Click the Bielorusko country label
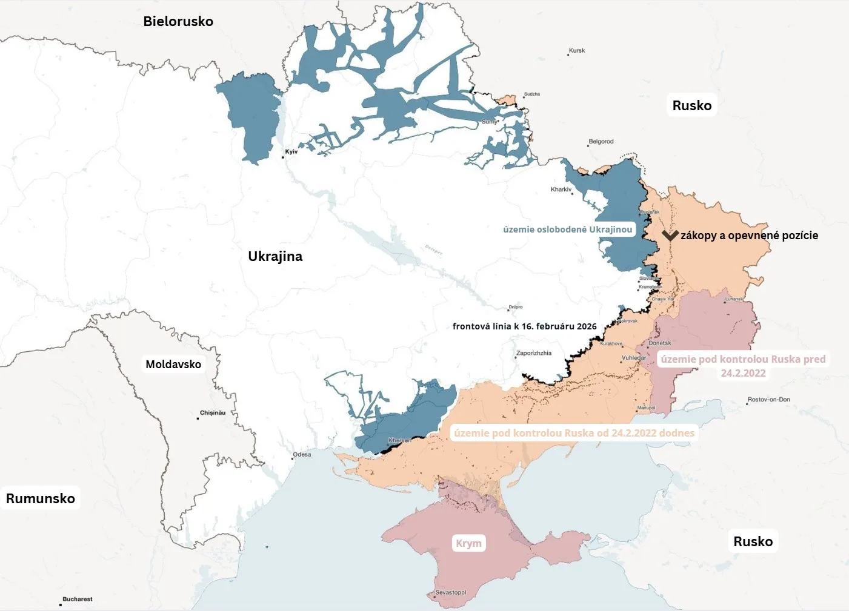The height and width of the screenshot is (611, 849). click(x=178, y=21)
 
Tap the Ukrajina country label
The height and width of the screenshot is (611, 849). click(x=275, y=256)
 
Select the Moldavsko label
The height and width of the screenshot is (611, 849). click(x=173, y=364)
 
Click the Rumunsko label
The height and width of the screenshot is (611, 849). click(x=41, y=498)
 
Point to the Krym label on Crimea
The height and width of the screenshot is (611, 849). click(x=468, y=543)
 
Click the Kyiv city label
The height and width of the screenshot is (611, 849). click(x=291, y=151)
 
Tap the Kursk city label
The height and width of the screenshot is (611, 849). click(x=577, y=51)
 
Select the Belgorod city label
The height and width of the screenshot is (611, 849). click(x=601, y=142)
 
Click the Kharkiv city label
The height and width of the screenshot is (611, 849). click(x=561, y=190)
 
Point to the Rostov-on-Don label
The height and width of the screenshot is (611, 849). click(x=768, y=400)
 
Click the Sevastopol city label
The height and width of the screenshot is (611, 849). click(x=451, y=592)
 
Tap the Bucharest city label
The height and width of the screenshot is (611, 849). click(x=78, y=599)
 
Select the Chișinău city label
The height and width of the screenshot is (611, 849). click(x=213, y=413)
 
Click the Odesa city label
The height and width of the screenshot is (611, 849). click(x=302, y=454)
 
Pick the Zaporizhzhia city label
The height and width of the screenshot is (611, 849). click(x=534, y=353)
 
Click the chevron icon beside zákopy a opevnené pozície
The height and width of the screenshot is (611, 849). click(x=670, y=235)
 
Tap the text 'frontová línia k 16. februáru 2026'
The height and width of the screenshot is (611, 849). click(x=524, y=326)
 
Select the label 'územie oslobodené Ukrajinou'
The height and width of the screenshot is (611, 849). click(x=567, y=230)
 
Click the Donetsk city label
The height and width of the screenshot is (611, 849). click(x=660, y=343)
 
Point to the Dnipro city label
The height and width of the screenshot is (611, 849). click(x=516, y=307)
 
